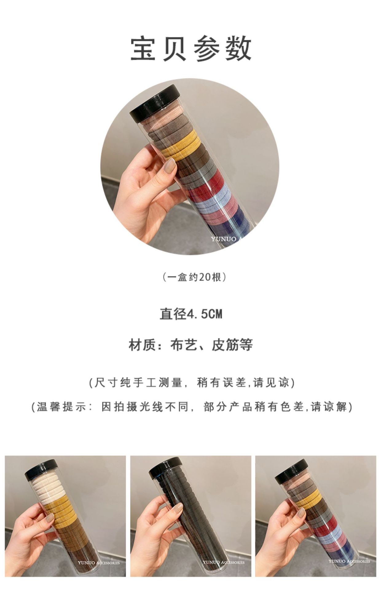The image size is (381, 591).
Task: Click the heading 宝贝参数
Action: [x=190, y=49]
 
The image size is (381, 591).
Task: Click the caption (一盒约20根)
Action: [x=194, y=277]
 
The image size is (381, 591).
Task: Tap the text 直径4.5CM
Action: [x=190, y=314]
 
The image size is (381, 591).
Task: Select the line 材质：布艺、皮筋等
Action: [x=190, y=345]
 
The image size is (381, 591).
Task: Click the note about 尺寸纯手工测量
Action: [x=192, y=383]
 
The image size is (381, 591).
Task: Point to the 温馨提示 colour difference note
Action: [x=192, y=407]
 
